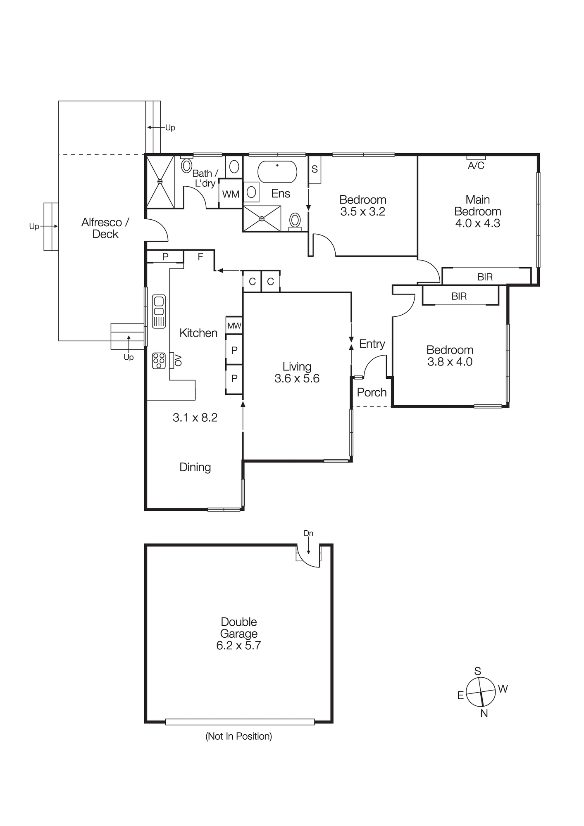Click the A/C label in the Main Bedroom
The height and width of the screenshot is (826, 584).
click(476, 166)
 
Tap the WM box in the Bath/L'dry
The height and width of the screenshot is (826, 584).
click(231, 194)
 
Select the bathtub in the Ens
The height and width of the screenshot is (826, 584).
click(277, 171)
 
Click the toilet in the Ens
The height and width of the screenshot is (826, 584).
click(295, 221)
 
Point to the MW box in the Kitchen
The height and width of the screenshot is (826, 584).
click(234, 326)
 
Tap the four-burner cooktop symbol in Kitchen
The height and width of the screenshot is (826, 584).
click(159, 360)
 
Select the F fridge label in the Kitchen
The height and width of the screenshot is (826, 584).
click(200, 257)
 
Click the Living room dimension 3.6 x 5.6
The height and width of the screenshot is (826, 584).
click(297, 378)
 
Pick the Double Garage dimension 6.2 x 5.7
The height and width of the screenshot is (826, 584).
click(238, 646)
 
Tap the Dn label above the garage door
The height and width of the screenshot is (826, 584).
click(308, 533)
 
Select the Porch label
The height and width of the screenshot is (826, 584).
click(372, 392)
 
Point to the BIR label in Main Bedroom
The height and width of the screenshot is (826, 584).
click(485, 277)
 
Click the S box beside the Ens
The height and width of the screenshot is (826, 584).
click(315, 169)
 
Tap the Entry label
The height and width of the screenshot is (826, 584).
click(372, 344)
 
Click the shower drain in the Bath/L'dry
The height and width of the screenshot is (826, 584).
click(160, 181)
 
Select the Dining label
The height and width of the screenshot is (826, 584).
click(195, 467)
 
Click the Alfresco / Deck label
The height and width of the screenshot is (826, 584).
click(105, 228)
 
